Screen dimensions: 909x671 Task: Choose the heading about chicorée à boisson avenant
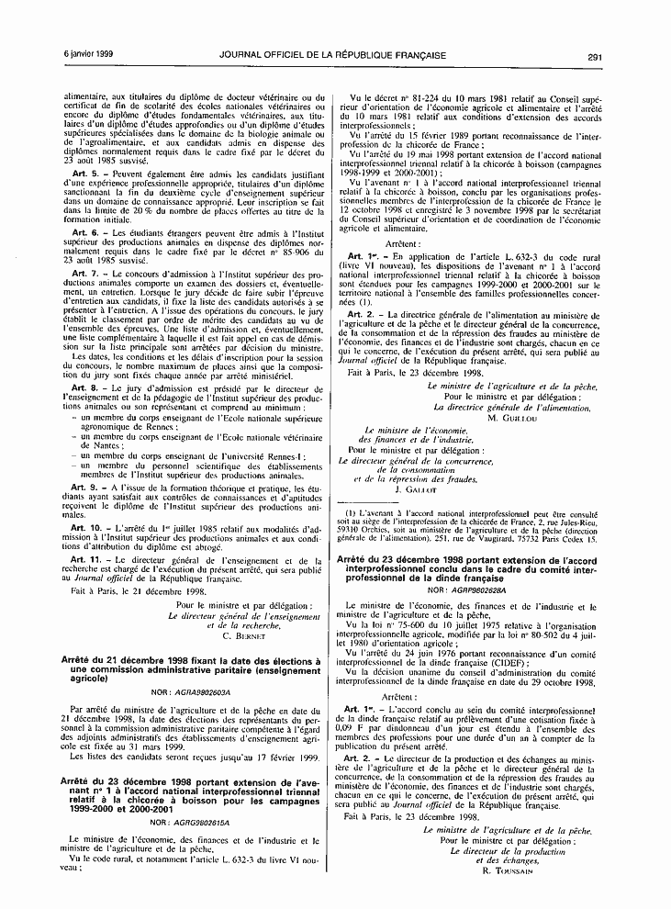tap(196, 791)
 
